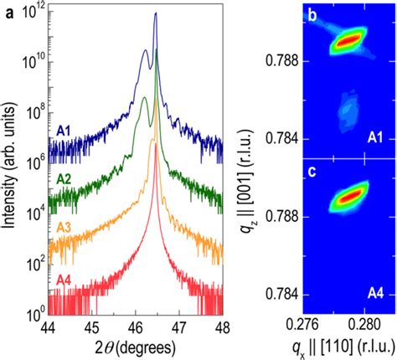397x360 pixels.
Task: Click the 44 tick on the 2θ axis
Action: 49,327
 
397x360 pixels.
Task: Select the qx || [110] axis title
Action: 344,345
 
